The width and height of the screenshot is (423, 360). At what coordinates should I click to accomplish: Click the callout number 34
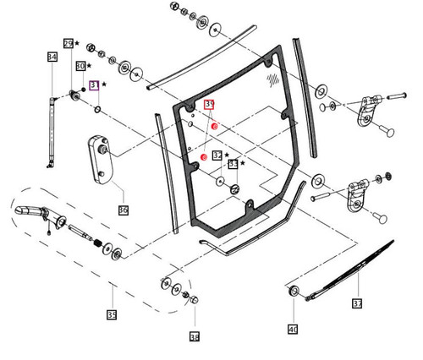click(52, 57)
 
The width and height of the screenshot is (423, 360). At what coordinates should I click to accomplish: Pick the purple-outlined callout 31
click(94, 85)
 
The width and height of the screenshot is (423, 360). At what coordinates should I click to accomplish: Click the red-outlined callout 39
click(210, 104)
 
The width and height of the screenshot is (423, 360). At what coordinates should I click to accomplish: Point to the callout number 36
click(123, 210)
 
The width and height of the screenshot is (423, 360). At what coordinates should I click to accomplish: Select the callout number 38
click(195, 336)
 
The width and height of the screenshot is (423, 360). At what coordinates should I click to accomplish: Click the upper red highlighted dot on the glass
click(215, 127)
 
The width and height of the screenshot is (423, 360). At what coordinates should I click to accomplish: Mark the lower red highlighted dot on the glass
click(204, 159)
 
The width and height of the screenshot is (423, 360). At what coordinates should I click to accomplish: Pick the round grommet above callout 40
click(295, 292)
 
